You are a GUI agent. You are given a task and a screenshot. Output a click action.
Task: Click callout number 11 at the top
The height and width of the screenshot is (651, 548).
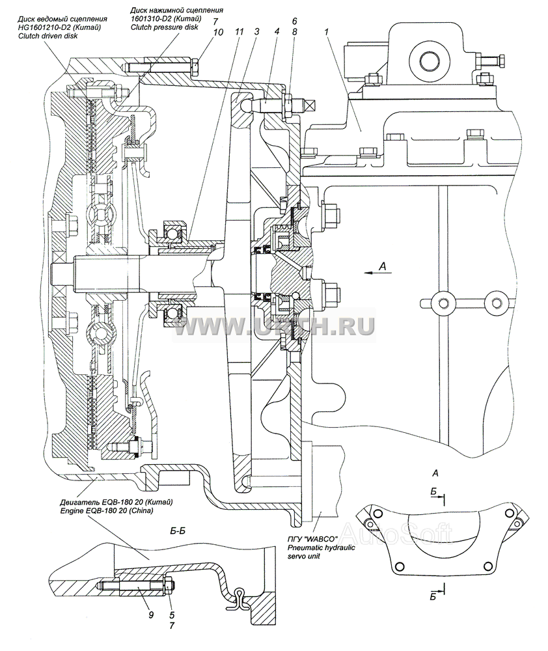239,31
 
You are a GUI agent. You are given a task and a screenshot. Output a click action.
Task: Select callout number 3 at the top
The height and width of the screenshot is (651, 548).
257,31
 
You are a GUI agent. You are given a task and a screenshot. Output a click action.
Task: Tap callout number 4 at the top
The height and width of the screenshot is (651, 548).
277,31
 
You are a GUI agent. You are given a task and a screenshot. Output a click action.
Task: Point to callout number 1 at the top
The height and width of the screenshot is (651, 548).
327,31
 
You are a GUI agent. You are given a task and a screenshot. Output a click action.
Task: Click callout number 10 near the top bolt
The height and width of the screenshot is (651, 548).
218,32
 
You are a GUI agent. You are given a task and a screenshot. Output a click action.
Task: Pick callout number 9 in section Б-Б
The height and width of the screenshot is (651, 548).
151,614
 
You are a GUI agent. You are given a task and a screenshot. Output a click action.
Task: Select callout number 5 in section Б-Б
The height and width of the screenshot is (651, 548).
172,615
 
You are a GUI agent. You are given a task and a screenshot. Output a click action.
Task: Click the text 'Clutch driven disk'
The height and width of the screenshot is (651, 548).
48,36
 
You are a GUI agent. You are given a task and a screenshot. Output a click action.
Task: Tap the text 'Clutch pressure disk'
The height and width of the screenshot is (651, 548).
165,27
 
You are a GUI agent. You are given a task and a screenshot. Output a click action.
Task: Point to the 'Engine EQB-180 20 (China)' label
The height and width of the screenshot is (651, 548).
106,510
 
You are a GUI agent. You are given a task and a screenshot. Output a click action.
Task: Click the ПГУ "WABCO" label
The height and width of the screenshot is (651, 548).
313,539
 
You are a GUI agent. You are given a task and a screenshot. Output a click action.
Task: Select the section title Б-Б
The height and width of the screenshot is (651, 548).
178,531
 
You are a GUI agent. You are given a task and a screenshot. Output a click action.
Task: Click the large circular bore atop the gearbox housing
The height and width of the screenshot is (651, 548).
431,61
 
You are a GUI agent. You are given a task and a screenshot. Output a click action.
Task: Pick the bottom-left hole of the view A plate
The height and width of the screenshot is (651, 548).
400,567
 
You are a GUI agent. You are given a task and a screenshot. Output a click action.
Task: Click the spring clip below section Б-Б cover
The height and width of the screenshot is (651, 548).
237,600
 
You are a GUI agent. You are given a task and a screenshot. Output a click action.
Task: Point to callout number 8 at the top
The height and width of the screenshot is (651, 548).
294,31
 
